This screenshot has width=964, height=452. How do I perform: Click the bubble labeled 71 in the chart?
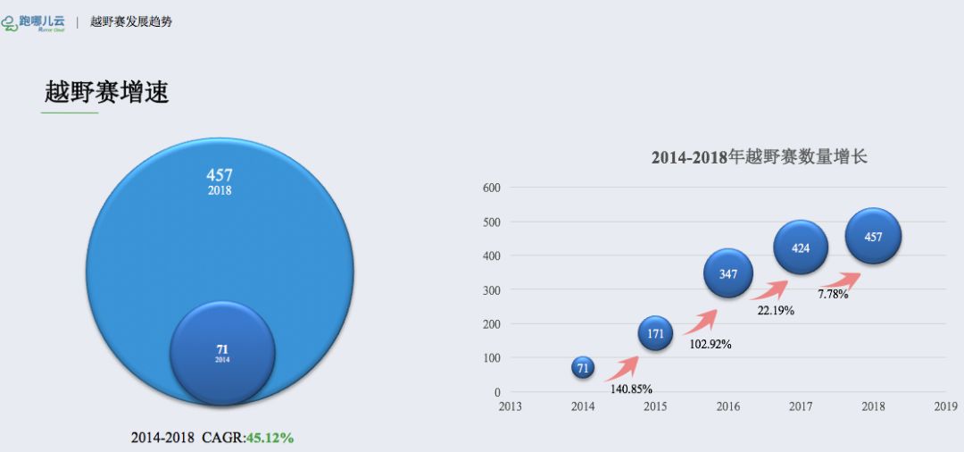[583, 367]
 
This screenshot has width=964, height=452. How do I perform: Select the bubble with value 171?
[656, 333]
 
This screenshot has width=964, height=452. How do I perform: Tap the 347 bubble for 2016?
[728, 273]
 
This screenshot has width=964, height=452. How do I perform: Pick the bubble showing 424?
[801, 247]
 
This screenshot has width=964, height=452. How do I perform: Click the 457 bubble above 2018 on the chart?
[873, 237]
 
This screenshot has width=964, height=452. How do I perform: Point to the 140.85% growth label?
[631, 389]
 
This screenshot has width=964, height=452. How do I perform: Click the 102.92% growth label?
[710, 344]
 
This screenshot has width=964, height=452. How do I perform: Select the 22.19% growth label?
[775, 310]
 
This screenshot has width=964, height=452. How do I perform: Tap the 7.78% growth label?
[833, 294]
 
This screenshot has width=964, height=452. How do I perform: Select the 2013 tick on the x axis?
[511, 407]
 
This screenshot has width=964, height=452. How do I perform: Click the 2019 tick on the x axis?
[945, 407]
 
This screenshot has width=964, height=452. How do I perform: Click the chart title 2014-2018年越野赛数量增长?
[760, 157]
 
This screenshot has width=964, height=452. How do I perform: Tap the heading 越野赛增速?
[106, 92]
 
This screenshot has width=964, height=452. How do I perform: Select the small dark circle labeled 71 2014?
[221, 351]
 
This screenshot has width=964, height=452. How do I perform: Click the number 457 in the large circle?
[220, 175]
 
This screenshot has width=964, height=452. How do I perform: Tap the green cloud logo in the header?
[10, 22]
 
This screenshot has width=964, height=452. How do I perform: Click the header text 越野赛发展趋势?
[131, 21]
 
